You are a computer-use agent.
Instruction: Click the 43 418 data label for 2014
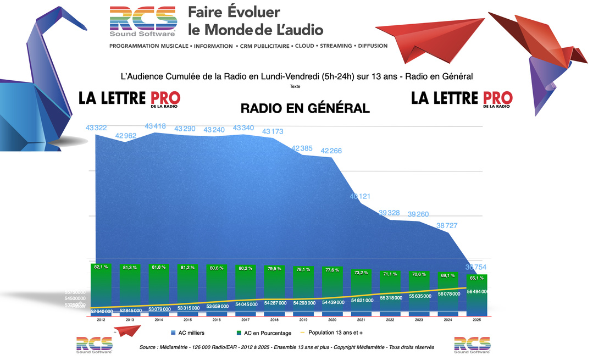click(x=156, y=126)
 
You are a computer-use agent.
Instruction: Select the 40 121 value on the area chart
click(x=361, y=196)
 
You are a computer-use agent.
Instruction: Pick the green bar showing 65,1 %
click(x=475, y=291)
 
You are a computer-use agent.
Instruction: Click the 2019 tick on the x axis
click(x=303, y=319)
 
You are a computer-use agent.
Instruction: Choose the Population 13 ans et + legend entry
click(x=335, y=333)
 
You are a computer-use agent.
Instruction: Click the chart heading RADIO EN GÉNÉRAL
click(x=305, y=108)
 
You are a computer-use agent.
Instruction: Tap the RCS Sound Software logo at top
click(x=143, y=21)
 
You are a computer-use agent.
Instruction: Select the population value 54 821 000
click(x=361, y=300)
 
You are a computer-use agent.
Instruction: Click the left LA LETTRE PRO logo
click(x=129, y=99)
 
